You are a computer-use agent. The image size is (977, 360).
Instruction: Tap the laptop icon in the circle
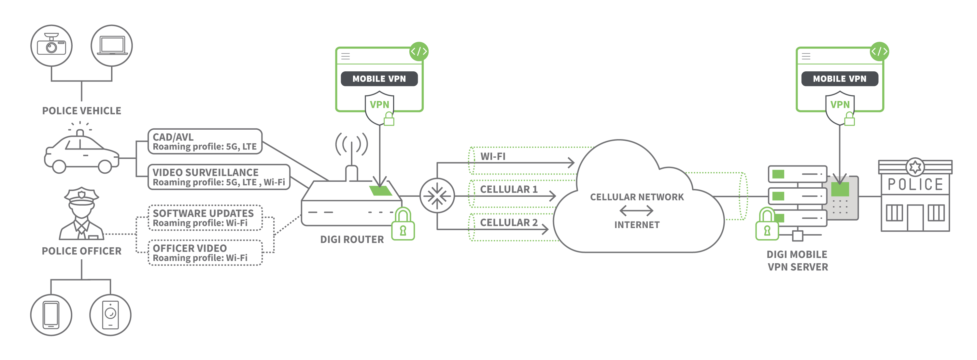coord(112,46)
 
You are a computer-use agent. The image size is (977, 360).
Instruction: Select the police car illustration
coord(81,152)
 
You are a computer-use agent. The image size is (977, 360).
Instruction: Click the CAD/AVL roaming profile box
coord(205,141)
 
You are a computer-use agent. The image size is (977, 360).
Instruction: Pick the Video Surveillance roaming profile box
coord(219,177)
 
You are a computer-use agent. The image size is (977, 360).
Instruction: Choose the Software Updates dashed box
coord(205,218)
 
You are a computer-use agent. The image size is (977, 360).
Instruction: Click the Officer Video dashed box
coord(205,252)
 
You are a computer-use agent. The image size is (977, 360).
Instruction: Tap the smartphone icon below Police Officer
coord(51,315)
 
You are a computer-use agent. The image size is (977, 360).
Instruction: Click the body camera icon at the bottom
coord(110,315)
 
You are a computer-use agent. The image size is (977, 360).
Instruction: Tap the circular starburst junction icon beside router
coord(437,196)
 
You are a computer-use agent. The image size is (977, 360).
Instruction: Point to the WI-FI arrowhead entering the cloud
coord(571,163)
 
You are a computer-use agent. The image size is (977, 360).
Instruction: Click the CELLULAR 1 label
coord(509,189)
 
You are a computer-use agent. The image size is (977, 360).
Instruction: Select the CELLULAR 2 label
coord(509,222)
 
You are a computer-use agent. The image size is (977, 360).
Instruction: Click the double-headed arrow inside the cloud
coord(636,210)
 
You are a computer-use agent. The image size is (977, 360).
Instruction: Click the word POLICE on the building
coord(915,185)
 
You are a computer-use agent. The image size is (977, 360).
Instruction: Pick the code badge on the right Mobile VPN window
coord(879,51)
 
